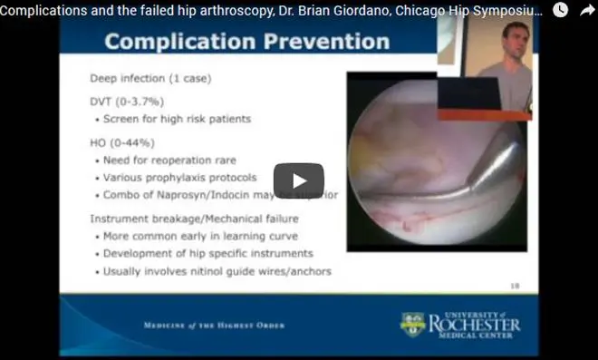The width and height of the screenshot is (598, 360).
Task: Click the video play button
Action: [x=298, y=180]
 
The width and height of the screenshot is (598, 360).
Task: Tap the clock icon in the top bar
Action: [x=561, y=10]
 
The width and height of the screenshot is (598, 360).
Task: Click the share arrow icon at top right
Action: [x=586, y=10]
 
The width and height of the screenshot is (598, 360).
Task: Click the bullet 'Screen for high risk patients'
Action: [x=169, y=120]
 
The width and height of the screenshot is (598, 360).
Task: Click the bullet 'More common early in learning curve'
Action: [x=200, y=236]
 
